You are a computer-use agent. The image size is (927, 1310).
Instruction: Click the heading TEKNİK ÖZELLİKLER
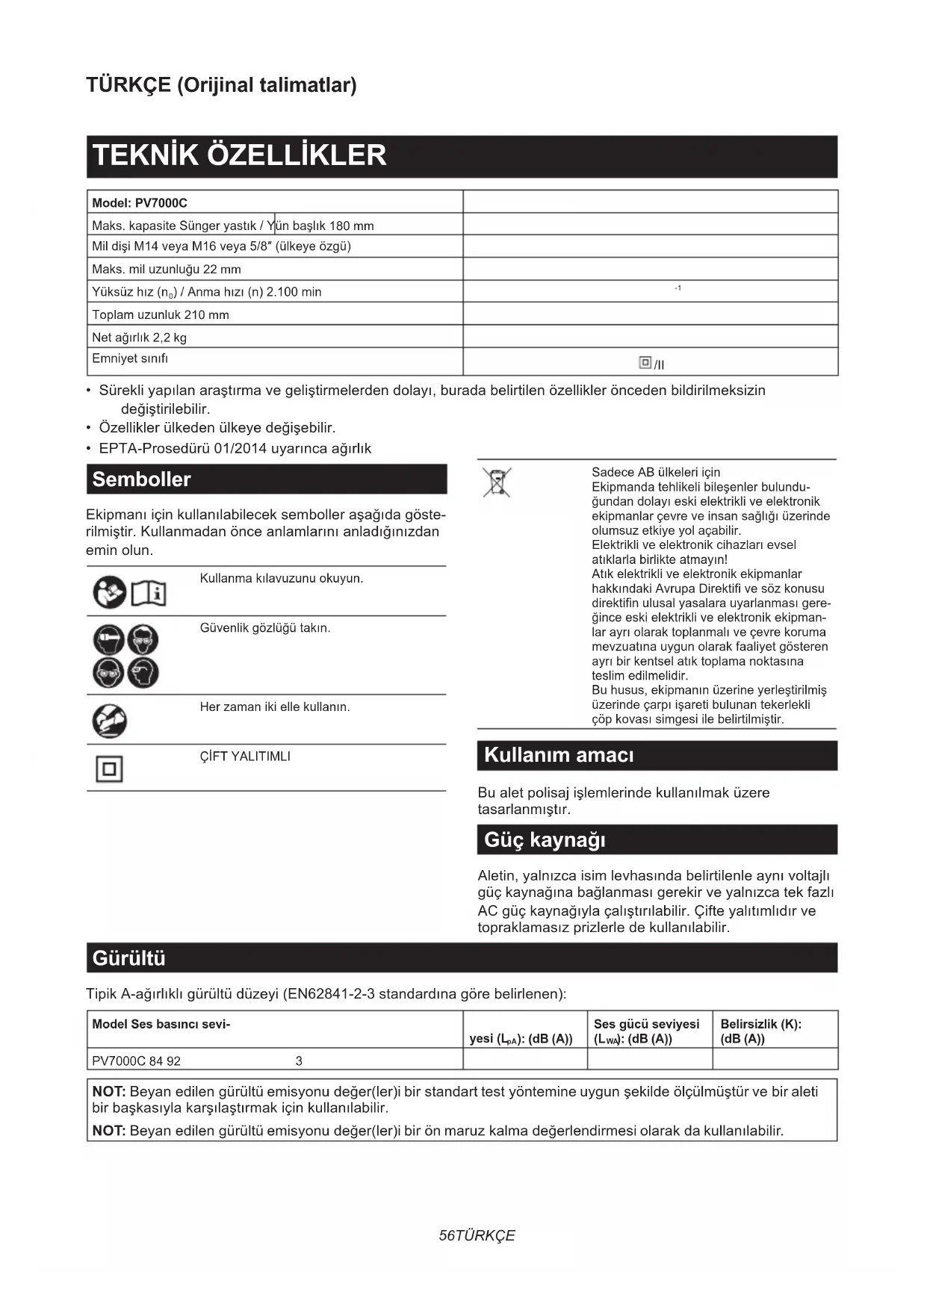(239, 155)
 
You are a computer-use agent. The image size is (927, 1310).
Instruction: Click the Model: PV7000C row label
(140, 202)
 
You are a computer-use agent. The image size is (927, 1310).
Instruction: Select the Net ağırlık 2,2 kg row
(140, 338)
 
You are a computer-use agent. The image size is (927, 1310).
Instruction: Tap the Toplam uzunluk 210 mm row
(161, 314)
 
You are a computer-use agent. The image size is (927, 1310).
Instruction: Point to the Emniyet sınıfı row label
(130, 358)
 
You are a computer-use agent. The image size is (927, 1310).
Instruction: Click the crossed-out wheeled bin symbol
(497, 482)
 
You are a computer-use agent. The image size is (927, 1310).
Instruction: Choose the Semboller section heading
(142, 479)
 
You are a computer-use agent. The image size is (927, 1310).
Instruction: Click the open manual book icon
(149, 594)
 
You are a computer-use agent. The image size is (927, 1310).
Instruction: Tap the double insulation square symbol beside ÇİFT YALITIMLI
(109, 769)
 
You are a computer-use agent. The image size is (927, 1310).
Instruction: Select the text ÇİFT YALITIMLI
(245, 757)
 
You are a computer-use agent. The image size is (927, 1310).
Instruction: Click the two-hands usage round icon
(109, 721)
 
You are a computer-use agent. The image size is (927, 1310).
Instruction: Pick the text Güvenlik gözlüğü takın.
(265, 628)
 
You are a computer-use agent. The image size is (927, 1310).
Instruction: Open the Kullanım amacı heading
(559, 755)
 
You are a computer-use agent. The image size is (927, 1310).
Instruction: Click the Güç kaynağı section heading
(545, 840)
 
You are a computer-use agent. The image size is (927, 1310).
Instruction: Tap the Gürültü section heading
(128, 958)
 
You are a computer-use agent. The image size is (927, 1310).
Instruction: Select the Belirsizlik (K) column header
(760, 1031)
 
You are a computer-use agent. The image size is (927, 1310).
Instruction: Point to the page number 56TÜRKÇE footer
(477, 1235)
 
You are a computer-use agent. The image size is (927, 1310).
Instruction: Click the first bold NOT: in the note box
(108, 1092)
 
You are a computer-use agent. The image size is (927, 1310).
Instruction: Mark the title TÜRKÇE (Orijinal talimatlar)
(221, 85)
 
